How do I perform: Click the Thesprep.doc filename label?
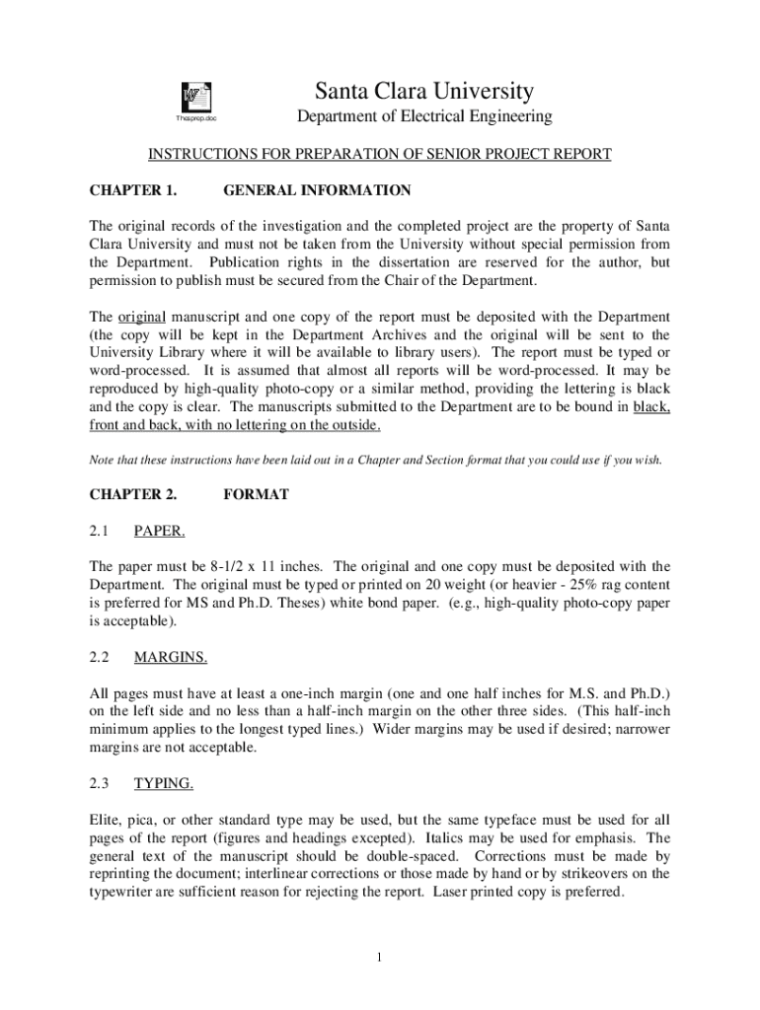194,119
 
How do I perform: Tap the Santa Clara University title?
424,92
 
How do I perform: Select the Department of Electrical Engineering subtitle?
424,118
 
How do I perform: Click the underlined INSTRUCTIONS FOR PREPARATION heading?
380,155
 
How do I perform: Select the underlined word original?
142,317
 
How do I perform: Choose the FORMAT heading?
257,494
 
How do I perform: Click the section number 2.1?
98,532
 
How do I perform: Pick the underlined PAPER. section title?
160,532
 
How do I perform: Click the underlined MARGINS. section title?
171,657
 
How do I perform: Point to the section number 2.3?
98,784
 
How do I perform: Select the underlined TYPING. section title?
164,784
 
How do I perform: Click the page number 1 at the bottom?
380,958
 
